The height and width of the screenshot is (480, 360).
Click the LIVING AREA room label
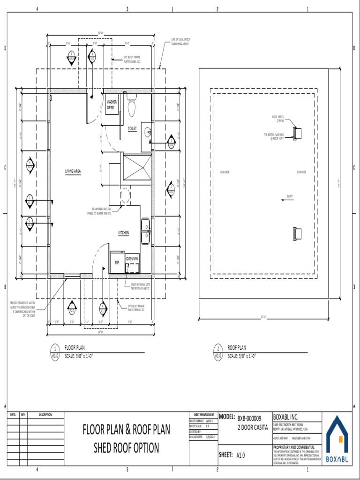[x=73, y=172]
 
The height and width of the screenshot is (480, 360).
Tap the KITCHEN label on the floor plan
[x=123, y=232]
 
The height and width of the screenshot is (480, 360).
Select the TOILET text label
[x=132, y=127]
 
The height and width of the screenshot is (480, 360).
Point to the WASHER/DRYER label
[x=112, y=105]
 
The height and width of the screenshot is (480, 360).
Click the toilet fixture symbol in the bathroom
[x=132, y=107]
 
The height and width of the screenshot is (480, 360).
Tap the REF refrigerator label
[x=117, y=263]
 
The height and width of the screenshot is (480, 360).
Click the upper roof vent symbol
[x=297, y=133]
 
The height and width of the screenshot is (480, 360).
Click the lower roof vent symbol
[x=297, y=233]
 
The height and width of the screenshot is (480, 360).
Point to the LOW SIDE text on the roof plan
[x=225, y=172]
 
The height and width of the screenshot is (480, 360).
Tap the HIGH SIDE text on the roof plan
[x=301, y=172]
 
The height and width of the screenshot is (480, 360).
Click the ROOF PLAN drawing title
[x=237, y=348]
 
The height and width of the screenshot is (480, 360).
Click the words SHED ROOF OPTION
[x=127, y=448]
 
